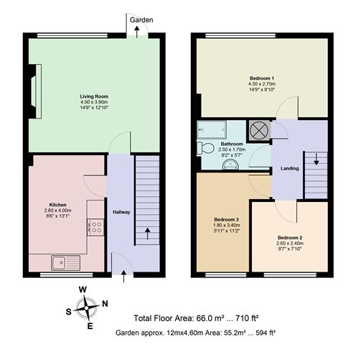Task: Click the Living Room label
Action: (x=93, y=96)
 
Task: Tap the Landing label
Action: (x=290, y=170)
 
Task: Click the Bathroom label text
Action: (x=212, y=144)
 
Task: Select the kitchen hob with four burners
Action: (x=95, y=228)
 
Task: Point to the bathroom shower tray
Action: (x=215, y=129)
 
